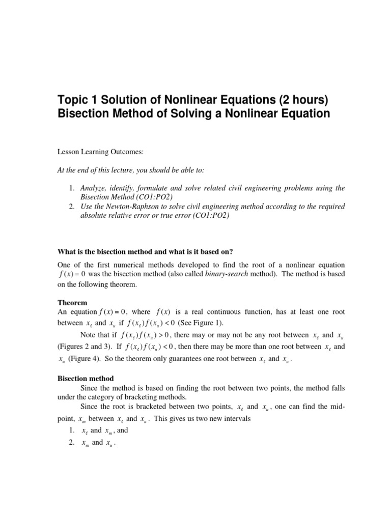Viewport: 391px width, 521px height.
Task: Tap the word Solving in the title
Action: [190, 114]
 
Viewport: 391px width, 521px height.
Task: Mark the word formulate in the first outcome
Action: [164, 188]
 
